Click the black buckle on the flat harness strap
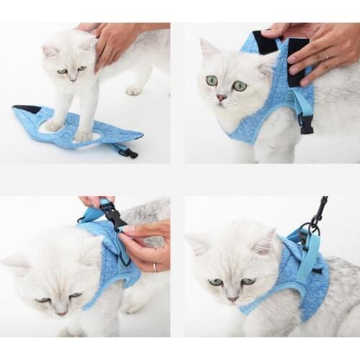tap(129, 152)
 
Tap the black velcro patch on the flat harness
tap(27, 109)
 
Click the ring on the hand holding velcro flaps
tap(325, 55)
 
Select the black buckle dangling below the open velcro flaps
tap(307, 124)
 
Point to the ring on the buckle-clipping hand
tap(154, 267)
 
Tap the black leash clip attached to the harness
tap(316, 212)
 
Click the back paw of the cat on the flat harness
tap(134, 90)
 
